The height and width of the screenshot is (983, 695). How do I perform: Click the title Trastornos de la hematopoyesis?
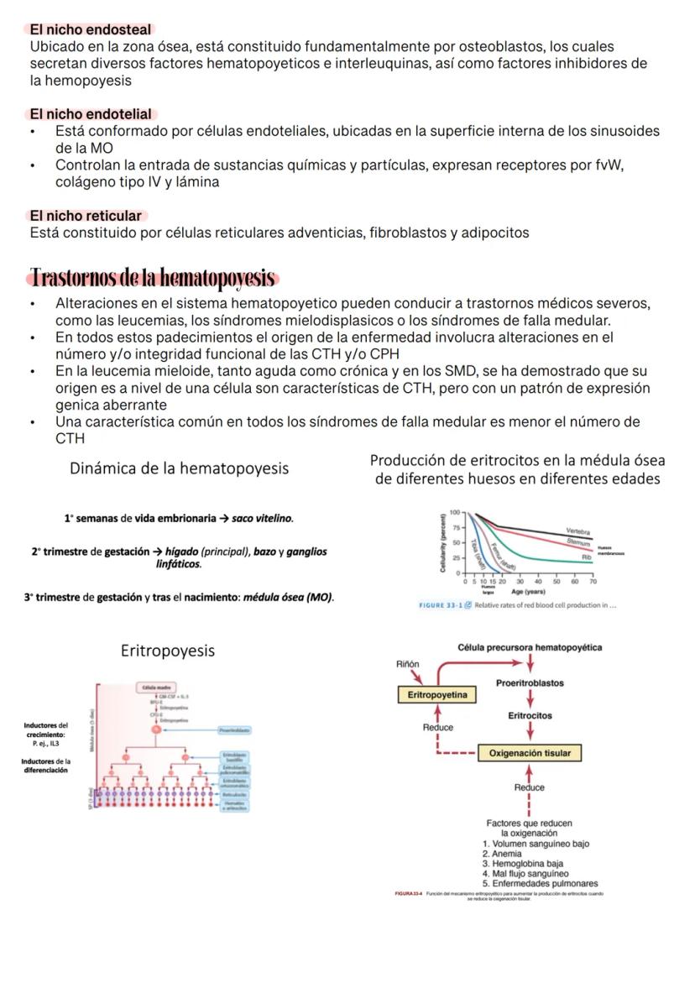click(153, 277)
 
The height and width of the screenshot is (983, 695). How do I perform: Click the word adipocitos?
click(492, 233)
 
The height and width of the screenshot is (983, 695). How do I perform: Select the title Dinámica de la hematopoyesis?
click(180, 468)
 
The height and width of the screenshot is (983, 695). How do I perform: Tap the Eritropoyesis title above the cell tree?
click(167, 651)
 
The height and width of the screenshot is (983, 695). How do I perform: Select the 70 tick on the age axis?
click(593, 580)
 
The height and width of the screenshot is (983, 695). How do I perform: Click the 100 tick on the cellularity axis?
click(455, 511)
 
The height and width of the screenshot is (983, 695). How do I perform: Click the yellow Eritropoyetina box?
click(437, 695)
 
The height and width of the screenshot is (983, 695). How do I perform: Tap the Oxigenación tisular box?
click(530, 753)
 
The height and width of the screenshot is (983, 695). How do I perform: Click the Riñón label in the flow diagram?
click(407, 664)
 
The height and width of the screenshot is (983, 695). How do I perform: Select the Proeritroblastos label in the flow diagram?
click(530, 682)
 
